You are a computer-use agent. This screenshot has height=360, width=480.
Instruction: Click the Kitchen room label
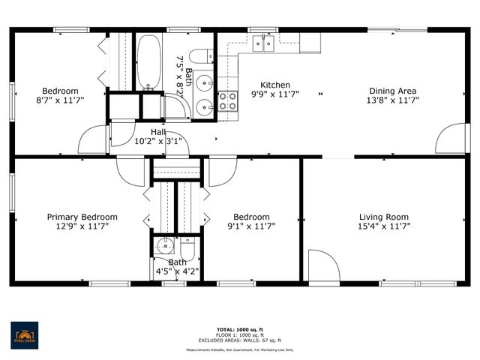click(274, 85)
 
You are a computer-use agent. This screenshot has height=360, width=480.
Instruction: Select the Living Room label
click(383, 217)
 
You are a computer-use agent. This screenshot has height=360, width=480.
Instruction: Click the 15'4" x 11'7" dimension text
click(383, 226)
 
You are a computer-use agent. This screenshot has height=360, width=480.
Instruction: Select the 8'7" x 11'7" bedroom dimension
click(60, 100)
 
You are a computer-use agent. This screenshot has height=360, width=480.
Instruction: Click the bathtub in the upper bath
click(148, 62)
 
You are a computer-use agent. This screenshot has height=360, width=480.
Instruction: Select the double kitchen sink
click(262, 43)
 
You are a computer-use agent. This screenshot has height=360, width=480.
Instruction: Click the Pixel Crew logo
click(25, 332)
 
